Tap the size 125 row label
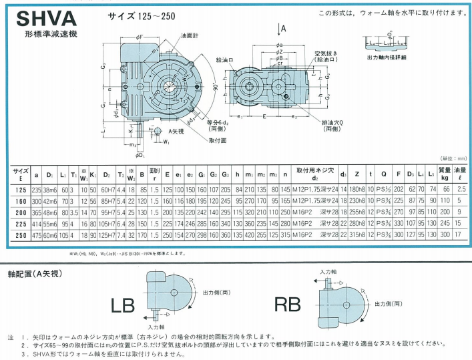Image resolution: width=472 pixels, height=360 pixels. coord(20,189)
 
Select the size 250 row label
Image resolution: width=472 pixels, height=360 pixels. coord(20,235)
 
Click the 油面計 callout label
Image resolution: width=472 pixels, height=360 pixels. coord(190,35)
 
